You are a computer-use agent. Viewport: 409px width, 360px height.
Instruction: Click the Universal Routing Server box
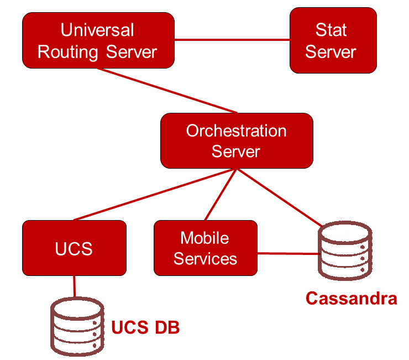click(98, 40)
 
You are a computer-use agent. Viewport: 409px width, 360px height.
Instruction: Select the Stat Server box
click(333, 40)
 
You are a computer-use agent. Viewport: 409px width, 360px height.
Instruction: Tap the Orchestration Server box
click(237, 140)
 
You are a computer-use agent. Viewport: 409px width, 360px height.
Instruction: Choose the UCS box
click(74, 248)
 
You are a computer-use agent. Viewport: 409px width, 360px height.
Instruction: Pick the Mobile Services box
click(205, 248)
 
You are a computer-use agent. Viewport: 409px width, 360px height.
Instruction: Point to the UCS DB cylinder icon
click(77, 327)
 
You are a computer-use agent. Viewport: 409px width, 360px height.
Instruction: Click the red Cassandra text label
click(351, 299)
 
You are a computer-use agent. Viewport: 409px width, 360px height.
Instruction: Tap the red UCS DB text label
click(145, 327)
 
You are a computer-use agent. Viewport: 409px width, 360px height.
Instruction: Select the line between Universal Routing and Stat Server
click(232, 40)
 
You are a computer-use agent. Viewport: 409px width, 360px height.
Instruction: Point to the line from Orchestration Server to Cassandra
click(279, 197)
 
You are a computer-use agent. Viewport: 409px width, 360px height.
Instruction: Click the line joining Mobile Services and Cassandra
click(287, 254)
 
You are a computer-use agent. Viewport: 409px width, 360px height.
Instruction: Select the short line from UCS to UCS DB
click(74, 286)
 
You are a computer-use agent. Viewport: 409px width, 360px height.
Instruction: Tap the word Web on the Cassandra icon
click(338, 237)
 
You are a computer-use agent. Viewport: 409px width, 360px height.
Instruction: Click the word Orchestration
click(236, 131)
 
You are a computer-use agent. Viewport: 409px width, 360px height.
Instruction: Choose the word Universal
click(97, 30)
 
